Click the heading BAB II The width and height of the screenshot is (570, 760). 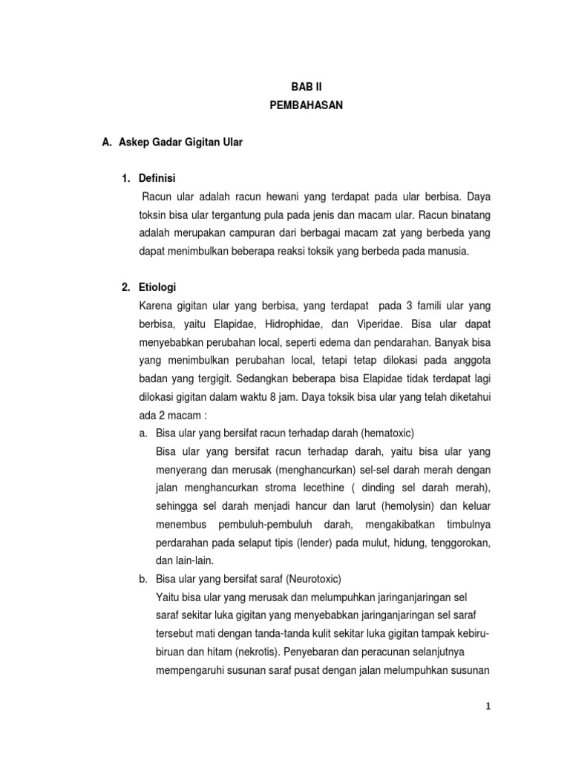(307, 86)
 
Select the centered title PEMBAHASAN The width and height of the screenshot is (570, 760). (307, 105)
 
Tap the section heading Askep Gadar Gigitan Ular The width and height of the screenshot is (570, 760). (180, 142)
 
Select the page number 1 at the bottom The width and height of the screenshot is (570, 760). (488, 707)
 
